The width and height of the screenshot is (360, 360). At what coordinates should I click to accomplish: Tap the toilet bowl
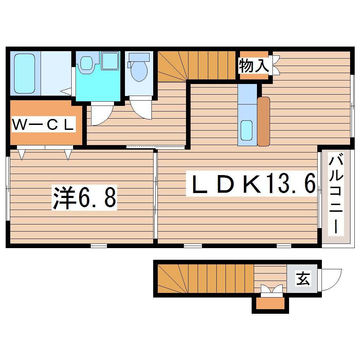[139, 71]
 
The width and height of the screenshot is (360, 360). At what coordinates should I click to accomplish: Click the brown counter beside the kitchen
[263, 121]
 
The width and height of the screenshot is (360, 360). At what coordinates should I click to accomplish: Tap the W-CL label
[44, 125]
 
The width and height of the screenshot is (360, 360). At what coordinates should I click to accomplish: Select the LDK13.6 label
[251, 184]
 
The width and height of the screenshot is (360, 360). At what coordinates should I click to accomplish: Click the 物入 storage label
[254, 66]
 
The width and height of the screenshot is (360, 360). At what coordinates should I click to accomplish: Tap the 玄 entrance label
[303, 279]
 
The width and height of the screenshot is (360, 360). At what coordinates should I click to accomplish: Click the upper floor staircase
[197, 66]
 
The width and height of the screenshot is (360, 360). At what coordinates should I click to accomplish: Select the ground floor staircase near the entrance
[205, 279]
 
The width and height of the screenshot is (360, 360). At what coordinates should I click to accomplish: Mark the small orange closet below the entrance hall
[270, 304]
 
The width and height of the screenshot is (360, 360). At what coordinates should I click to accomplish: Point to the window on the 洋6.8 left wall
[8, 189]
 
